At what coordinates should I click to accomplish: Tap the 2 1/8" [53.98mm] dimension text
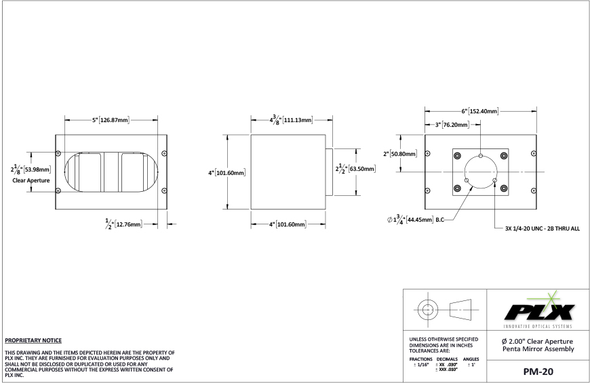point(31,169)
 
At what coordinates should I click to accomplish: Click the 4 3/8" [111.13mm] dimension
point(291,120)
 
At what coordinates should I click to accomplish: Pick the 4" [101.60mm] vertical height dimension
point(227,172)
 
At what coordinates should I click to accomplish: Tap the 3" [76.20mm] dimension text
point(455,125)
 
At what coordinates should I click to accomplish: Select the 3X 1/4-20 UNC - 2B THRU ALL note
point(542,228)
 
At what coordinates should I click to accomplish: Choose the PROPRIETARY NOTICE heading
point(33,340)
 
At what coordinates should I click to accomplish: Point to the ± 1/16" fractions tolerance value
point(417,364)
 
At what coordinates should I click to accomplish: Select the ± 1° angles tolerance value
point(471,364)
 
